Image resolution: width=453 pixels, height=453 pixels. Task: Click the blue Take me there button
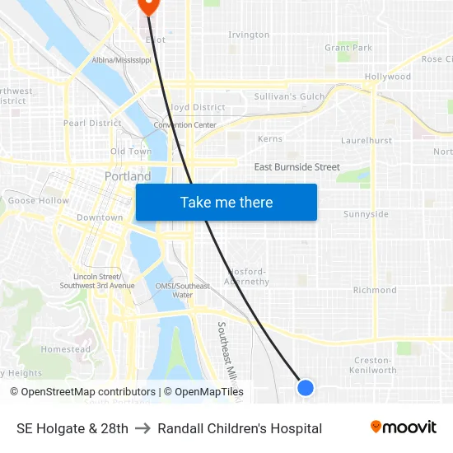click(226, 203)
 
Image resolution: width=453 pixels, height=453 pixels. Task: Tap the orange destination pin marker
click(148, 4)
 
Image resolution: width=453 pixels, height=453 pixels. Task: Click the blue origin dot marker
click(305, 387)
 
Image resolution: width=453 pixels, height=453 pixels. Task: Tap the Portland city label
click(128, 176)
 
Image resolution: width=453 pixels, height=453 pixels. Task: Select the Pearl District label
click(92, 124)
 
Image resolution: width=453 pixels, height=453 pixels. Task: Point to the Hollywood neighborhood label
click(388, 77)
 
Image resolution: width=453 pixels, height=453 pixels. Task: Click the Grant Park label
click(348, 48)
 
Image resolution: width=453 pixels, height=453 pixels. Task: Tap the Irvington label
click(249, 35)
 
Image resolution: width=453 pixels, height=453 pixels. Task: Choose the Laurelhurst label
click(367, 141)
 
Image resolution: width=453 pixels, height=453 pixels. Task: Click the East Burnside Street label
click(297, 167)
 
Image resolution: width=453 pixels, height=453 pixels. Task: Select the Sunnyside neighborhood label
click(366, 214)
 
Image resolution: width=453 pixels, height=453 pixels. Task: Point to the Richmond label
click(375, 290)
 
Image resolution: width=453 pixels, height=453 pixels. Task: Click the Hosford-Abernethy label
click(247, 277)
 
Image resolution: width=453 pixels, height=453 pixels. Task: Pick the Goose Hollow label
click(39, 200)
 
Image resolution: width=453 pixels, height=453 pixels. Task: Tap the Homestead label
click(66, 349)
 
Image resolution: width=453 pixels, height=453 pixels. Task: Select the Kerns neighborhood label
click(270, 139)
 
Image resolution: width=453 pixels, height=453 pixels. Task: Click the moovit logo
click(403, 427)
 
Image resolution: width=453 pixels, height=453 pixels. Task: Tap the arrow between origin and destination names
click(142, 428)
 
